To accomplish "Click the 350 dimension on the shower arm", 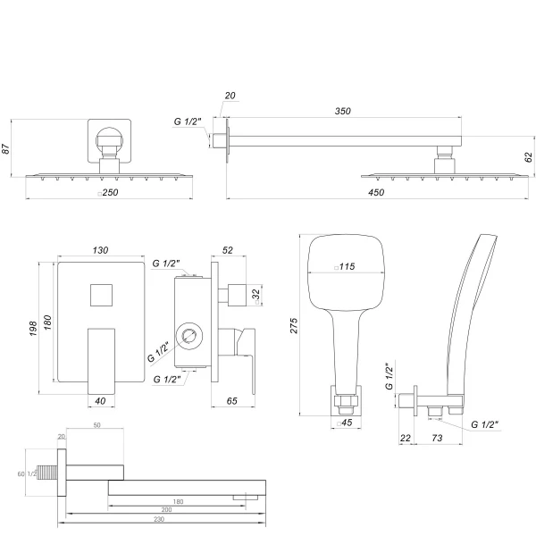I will pos(343,112).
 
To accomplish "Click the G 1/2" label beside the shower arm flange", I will pos(188,124).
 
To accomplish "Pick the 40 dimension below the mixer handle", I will pos(100,401).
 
